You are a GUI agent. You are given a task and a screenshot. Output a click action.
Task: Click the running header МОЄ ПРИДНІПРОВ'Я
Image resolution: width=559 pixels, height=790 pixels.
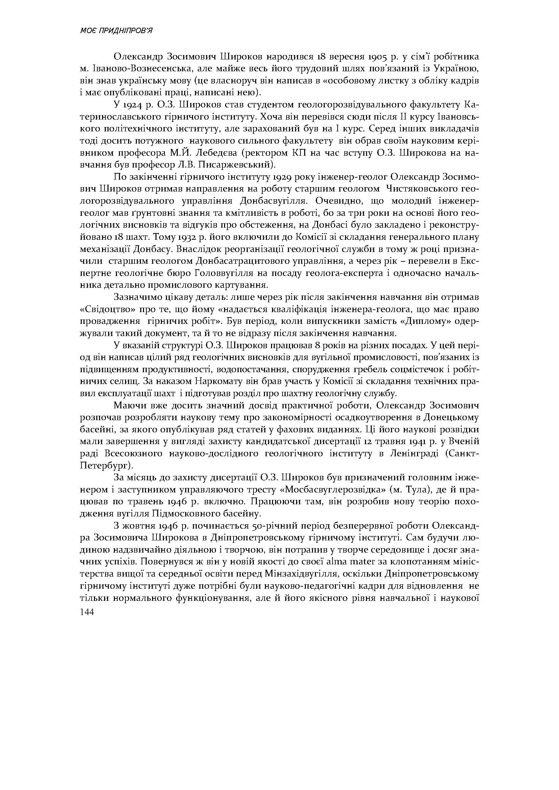(116, 31)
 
